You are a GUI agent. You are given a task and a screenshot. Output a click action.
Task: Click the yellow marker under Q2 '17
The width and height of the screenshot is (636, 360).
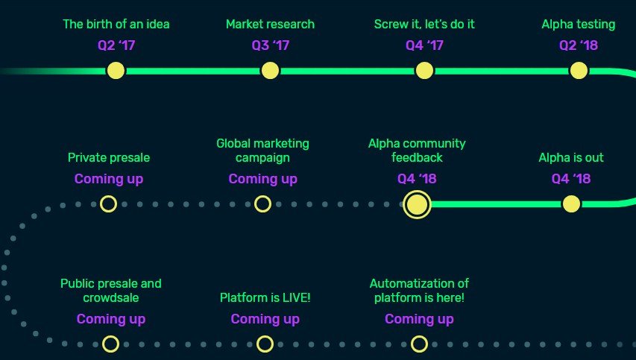pyautogui.click(x=116, y=71)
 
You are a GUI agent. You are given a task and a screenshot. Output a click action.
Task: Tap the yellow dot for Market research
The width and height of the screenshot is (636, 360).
pyautogui.click(x=270, y=71)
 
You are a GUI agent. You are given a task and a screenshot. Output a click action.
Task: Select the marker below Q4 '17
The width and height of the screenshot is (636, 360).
pyautogui.click(x=424, y=71)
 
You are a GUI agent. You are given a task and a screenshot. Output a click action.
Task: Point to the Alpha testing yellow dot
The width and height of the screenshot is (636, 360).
pyautogui.click(x=579, y=71)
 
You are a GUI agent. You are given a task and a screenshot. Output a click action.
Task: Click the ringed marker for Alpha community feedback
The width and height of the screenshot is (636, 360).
pyautogui.click(x=417, y=204)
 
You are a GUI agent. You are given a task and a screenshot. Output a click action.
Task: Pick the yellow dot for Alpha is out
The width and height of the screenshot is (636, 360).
pyautogui.click(x=571, y=204)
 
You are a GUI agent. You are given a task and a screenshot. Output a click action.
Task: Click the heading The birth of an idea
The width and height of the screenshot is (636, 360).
pyautogui.click(x=116, y=25)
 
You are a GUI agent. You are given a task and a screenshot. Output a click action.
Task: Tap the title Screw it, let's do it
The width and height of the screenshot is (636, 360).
pyautogui.click(x=424, y=25)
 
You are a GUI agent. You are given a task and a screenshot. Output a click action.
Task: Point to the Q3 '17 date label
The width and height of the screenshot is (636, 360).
pyautogui.click(x=271, y=45)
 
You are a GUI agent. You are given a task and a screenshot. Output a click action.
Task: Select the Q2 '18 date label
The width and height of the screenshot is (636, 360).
pyautogui.click(x=579, y=45)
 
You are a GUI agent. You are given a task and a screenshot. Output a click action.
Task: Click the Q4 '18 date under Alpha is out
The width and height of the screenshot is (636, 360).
pyautogui.click(x=571, y=179)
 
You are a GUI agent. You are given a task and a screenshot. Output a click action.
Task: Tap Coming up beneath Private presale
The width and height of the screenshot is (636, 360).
pyautogui.click(x=109, y=179)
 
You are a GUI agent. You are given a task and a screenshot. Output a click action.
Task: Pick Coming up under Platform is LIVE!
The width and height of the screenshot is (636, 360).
pyautogui.click(x=265, y=320)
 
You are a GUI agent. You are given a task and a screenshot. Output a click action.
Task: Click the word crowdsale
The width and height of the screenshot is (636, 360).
pyautogui.click(x=111, y=297)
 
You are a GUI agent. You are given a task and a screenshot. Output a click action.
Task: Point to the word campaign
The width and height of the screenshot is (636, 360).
pyautogui.click(x=263, y=158)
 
